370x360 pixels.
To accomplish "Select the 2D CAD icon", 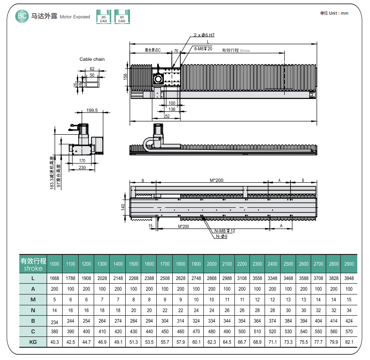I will point(103,16).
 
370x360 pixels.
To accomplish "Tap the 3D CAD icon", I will point(121,16).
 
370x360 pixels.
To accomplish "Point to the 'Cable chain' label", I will point(92,59).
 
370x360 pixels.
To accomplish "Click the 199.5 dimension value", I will point(92,111).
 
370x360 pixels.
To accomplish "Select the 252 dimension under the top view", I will point(167,115).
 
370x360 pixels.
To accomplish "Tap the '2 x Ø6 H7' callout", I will point(205,35).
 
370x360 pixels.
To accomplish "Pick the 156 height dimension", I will point(125,77).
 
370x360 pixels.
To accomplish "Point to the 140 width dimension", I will point(123,206).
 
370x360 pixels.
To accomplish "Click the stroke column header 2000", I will point(212,264).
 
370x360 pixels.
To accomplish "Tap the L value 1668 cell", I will point(55,278).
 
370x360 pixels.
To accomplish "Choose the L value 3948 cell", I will point(349,278).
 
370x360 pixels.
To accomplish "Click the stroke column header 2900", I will point(349,264).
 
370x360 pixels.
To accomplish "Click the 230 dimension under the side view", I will point(82,168).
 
